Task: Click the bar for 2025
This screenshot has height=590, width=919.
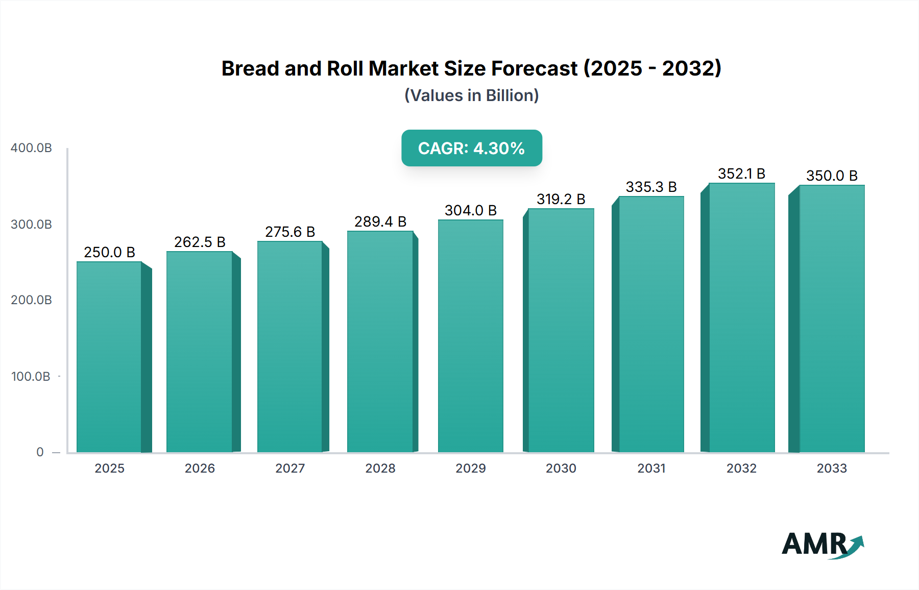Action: [109, 357]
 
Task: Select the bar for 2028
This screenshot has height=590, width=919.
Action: [380, 342]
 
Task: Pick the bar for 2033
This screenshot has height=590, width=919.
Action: [832, 319]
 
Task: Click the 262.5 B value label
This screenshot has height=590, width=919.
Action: [200, 242]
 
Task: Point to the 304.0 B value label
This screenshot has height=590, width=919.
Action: [470, 210]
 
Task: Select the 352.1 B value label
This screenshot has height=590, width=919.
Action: [741, 174]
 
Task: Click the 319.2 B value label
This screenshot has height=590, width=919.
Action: [561, 199]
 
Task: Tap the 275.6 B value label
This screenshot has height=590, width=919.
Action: [290, 232]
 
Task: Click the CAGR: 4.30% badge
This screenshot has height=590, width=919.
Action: [471, 148]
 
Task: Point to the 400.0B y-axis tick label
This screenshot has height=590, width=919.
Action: [31, 148]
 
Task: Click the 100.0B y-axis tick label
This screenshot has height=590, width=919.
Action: [31, 377]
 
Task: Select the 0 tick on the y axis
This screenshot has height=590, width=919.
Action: [40, 452]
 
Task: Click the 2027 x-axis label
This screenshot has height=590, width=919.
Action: [290, 468]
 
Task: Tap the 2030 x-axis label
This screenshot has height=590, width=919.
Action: [561, 468]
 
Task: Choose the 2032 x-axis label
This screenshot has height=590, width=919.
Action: [741, 468]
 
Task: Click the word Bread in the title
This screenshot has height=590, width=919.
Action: [250, 68]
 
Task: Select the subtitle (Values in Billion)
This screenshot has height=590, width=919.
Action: [471, 95]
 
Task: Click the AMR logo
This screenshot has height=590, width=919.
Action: [822, 545]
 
